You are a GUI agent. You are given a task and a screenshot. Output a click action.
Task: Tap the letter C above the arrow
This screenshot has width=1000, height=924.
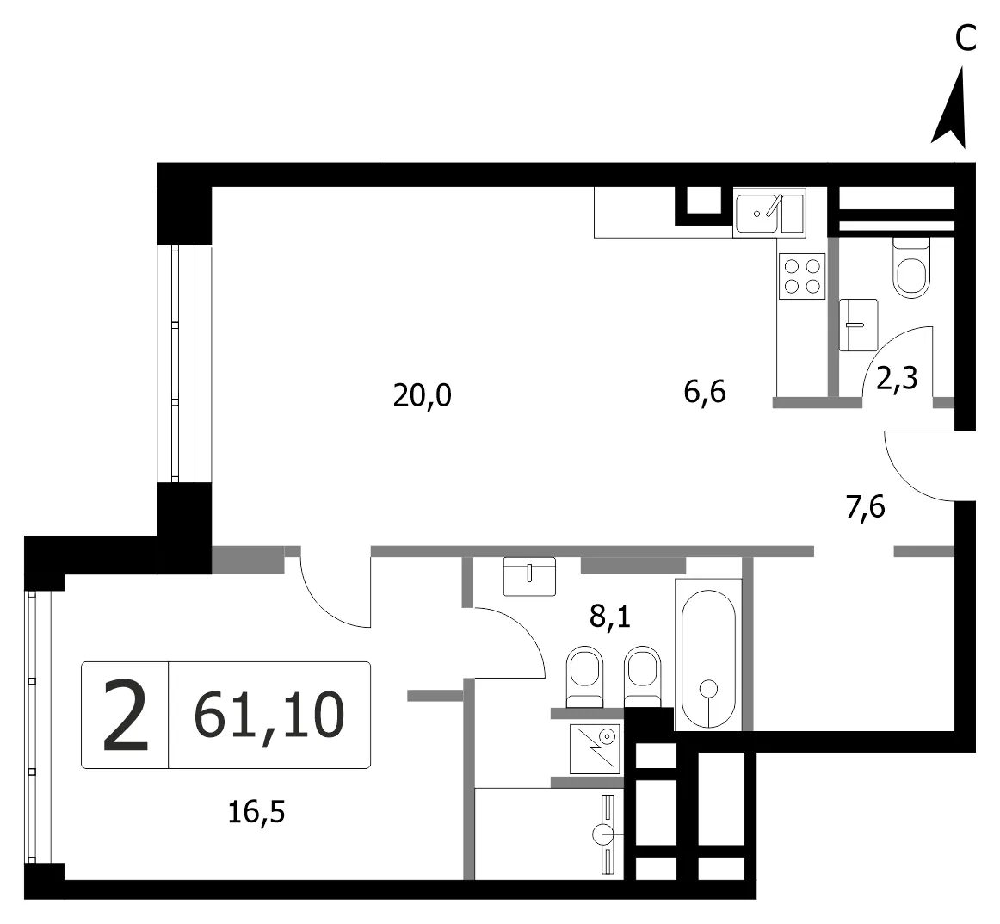[966, 38]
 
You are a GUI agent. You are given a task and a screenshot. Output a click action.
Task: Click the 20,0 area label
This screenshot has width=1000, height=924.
[423, 395]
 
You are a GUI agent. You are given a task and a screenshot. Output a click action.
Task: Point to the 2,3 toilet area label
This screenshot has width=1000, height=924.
[897, 378]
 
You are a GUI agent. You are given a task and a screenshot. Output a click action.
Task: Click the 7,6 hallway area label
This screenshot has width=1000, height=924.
[866, 508]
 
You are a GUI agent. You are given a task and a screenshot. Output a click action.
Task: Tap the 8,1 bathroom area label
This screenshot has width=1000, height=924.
[609, 617]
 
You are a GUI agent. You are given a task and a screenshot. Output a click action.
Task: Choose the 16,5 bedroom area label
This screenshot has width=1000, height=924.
[256, 812]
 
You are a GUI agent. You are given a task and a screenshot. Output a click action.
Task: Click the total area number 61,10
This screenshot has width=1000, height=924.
[269, 716]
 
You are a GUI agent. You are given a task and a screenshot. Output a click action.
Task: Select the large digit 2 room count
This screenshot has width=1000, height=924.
[126, 715]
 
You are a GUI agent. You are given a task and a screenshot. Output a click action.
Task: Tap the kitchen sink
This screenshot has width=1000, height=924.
[769, 213]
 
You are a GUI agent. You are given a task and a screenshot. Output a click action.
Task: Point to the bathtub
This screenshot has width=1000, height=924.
[708, 654]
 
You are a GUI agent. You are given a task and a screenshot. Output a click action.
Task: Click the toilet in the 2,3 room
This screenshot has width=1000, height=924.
[911, 268]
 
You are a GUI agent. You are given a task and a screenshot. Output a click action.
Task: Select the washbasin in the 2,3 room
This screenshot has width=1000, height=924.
[858, 325]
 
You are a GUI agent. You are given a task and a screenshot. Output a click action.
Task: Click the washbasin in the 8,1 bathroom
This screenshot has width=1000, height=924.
[529, 576]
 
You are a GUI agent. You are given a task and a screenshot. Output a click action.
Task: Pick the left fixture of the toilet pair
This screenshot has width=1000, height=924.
[584, 676]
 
